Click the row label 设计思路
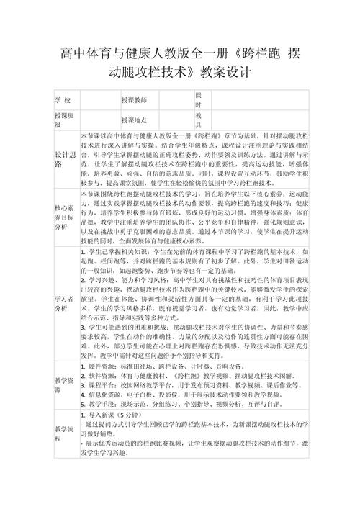[63, 159]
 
